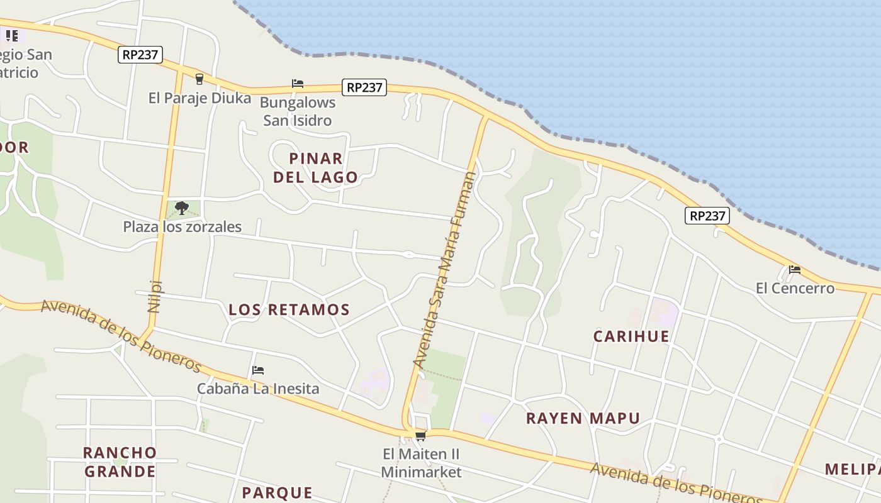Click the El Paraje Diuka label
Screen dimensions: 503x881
pos(199,98)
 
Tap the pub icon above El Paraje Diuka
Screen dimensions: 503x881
pos(199,79)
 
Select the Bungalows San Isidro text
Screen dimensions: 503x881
pos(297,111)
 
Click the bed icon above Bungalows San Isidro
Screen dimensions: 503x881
pos(298,83)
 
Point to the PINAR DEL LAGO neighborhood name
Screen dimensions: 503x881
pos(315,168)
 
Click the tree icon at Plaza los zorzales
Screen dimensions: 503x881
pos(182,207)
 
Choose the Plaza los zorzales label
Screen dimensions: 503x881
pos(182,227)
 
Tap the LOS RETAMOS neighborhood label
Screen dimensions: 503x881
pos(289,309)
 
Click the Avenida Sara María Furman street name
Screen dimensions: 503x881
pos(444,270)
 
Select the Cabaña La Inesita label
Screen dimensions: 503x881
pos(258,389)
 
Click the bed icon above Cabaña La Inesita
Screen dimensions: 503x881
pos(257,370)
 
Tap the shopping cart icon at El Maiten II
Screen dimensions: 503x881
pos(420,436)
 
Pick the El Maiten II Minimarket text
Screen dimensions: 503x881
pos(421,463)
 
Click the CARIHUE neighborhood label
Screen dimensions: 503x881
pos(631,336)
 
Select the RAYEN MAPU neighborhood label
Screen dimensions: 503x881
pos(583,418)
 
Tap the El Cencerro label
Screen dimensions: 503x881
pos(795,289)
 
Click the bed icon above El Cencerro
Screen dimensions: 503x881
pos(795,270)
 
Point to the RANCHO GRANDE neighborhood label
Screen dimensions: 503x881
pos(120,462)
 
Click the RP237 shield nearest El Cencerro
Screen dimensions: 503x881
pos(707,216)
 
